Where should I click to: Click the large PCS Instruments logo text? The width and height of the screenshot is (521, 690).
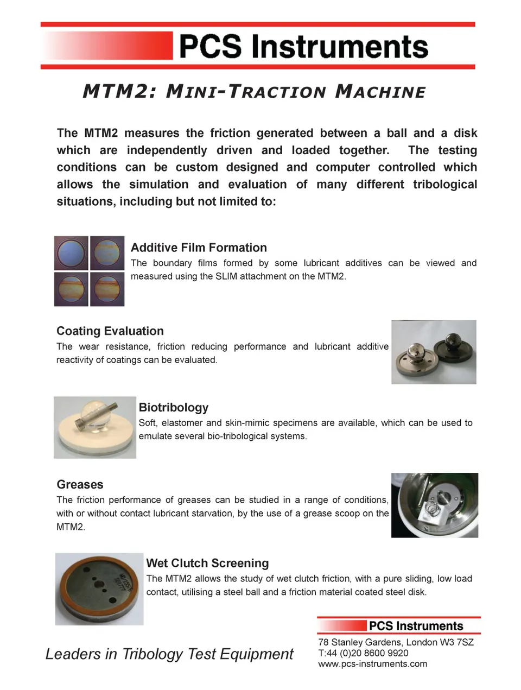pos(303,47)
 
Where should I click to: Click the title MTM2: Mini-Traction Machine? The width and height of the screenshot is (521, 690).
pos(254,91)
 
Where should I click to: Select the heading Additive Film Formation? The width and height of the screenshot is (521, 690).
pos(199,248)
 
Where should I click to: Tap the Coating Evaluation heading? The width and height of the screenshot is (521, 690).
pos(110,331)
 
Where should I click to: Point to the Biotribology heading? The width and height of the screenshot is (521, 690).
pos(174,407)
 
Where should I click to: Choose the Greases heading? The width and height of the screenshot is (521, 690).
pos(80,484)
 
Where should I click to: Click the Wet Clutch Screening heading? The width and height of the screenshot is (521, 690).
pos(207,563)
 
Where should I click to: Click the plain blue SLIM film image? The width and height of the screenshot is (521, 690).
pos(71,253)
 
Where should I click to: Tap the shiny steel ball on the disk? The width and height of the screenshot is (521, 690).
pos(417,352)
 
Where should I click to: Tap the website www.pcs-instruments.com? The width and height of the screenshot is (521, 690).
pos(372,664)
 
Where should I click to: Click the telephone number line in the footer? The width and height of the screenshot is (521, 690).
pos(363,653)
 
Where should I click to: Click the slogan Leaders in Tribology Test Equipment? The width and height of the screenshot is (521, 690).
pos(169,654)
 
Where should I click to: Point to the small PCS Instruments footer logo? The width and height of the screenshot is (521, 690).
pos(416,626)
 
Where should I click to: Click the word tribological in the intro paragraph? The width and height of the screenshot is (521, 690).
pos(444,185)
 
